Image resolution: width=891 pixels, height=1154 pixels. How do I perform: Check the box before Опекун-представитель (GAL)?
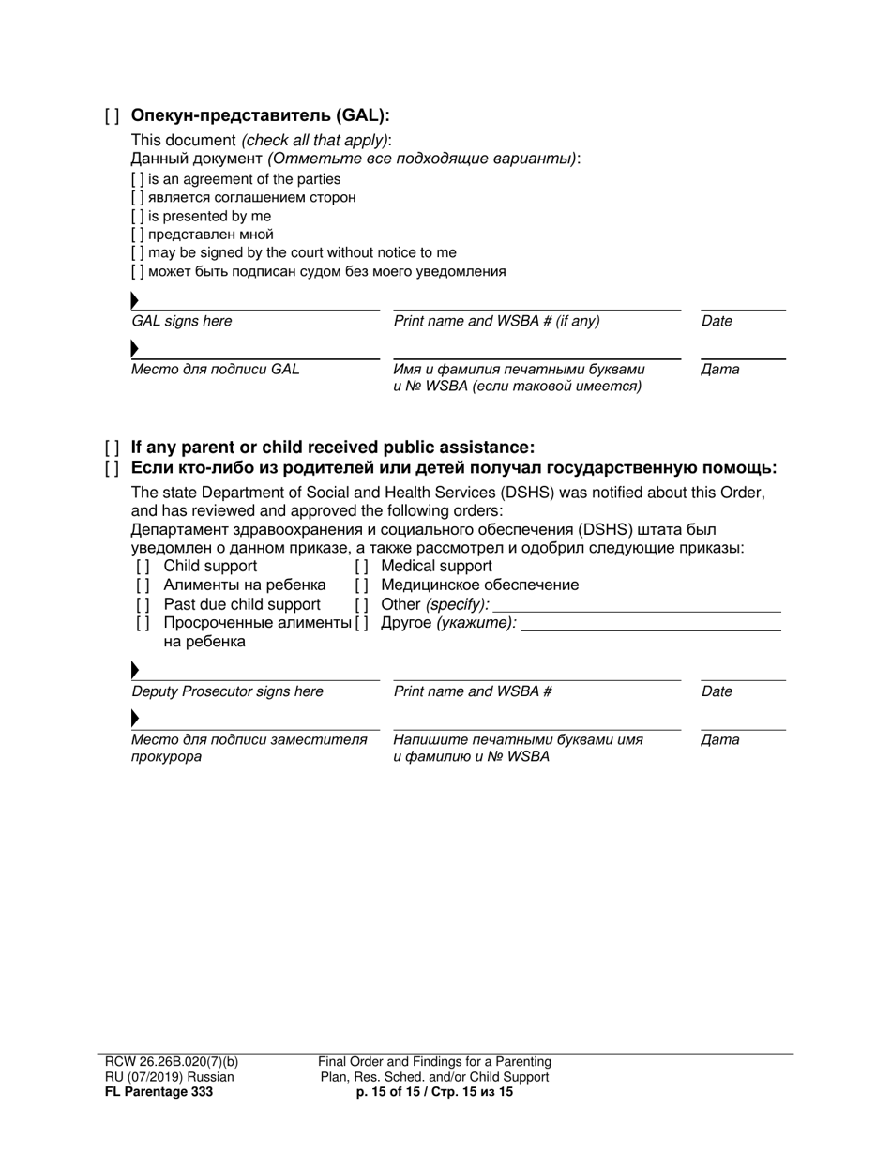[112, 116]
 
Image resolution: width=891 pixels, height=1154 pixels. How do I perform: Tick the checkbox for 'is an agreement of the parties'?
[138, 179]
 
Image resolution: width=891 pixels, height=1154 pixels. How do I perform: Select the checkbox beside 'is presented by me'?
[138, 216]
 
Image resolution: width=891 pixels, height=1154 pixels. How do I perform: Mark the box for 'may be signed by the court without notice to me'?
[138, 252]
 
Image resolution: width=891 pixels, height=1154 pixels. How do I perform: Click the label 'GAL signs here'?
[181, 321]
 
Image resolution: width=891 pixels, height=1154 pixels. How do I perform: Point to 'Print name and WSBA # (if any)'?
[496, 321]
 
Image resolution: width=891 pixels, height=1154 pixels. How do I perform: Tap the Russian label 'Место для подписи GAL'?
[215, 369]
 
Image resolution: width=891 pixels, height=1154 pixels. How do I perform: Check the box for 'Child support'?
[143, 567]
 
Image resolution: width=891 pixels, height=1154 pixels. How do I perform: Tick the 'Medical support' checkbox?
[361, 567]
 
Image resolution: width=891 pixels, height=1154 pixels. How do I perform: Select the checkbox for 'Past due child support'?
[143, 604]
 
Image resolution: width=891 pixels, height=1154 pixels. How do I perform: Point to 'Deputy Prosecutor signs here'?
[227, 691]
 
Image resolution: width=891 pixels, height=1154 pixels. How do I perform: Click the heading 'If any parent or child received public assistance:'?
[332, 448]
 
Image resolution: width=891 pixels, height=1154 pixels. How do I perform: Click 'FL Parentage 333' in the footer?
[159, 1092]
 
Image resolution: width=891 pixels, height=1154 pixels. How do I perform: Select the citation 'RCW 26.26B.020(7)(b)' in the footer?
[172, 1062]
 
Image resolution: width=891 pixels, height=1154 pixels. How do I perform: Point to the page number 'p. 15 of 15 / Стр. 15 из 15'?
[434, 1092]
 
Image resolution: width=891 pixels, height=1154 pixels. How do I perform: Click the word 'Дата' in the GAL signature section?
[719, 369]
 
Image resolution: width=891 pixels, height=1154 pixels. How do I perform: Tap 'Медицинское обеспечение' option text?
[479, 585]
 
